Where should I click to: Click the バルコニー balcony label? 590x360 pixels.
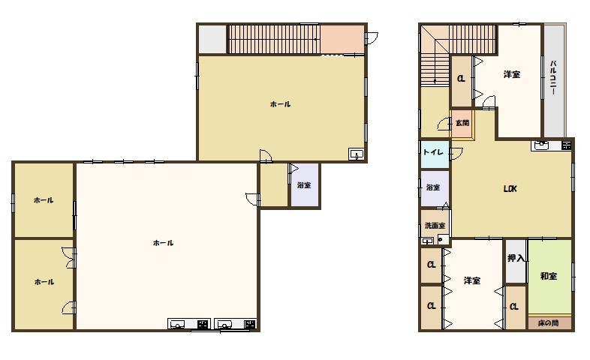point(553,77)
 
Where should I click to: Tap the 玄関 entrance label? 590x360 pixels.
point(462,123)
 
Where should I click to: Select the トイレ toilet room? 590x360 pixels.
point(435,154)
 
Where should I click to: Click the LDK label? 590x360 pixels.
point(510,189)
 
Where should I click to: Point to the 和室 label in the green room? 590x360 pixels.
point(549,276)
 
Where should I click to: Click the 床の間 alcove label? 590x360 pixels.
point(548,322)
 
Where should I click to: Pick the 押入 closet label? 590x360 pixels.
point(516,258)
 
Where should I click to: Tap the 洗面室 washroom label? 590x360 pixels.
point(435,226)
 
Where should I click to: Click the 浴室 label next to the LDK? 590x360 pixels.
point(433,187)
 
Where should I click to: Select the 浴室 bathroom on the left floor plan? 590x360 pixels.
point(305,185)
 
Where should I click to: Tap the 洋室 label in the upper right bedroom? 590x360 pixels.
point(512,74)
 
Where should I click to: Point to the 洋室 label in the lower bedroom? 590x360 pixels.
point(472,280)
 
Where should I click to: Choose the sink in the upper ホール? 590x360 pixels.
point(356,154)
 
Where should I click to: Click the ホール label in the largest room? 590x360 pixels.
point(164,243)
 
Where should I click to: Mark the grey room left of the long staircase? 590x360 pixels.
point(212,40)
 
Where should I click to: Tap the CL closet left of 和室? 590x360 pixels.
point(515,307)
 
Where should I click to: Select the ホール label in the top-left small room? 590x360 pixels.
point(44,200)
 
